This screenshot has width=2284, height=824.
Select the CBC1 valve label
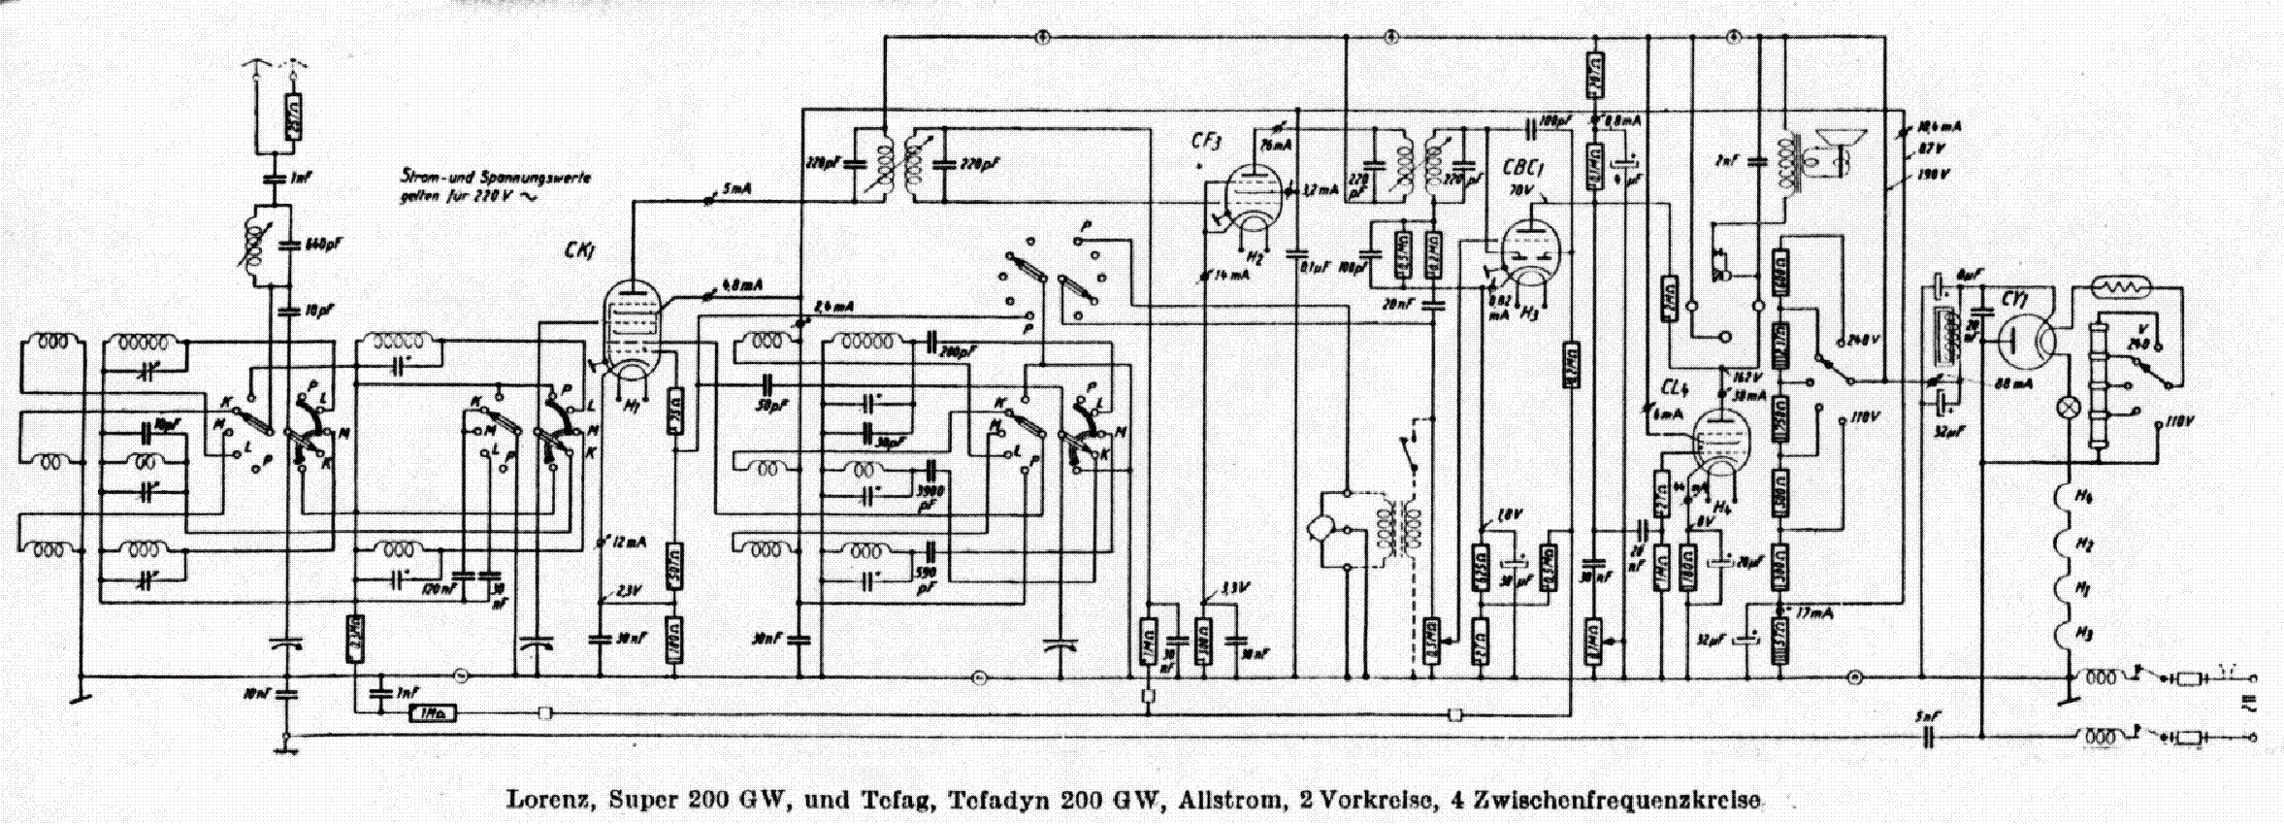(x=1522, y=168)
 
